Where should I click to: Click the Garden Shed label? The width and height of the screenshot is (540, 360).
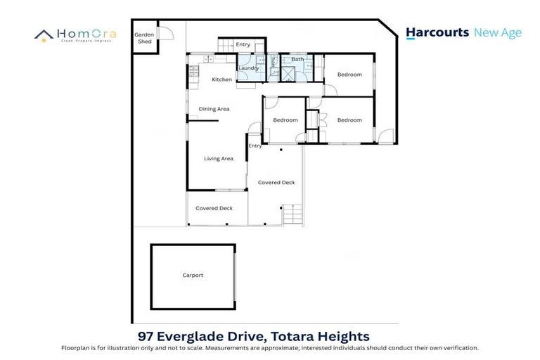pyautogui.click(x=144, y=37)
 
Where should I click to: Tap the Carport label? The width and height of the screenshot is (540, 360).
pyautogui.click(x=193, y=275)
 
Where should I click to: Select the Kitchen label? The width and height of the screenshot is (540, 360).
pyautogui.click(x=221, y=79)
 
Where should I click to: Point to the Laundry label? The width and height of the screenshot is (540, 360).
pyautogui.click(x=248, y=67)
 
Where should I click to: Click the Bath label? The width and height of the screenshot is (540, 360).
pyautogui.click(x=297, y=60)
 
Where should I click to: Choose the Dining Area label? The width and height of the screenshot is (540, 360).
pyautogui.click(x=214, y=109)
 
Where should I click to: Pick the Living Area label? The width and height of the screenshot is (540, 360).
pyautogui.click(x=218, y=159)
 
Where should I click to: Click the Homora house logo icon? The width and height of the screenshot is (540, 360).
pyautogui.click(x=44, y=35)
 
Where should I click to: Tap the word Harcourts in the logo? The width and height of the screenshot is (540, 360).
pyautogui.click(x=437, y=32)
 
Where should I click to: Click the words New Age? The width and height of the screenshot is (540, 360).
pyautogui.click(x=498, y=32)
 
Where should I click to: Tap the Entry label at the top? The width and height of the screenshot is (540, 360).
pyautogui.click(x=243, y=45)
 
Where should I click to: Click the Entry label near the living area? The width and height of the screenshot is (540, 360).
pyautogui.click(x=255, y=146)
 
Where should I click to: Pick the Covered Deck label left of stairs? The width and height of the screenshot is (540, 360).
pyautogui.click(x=276, y=183)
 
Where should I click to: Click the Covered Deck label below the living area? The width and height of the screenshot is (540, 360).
pyautogui.click(x=214, y=208)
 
